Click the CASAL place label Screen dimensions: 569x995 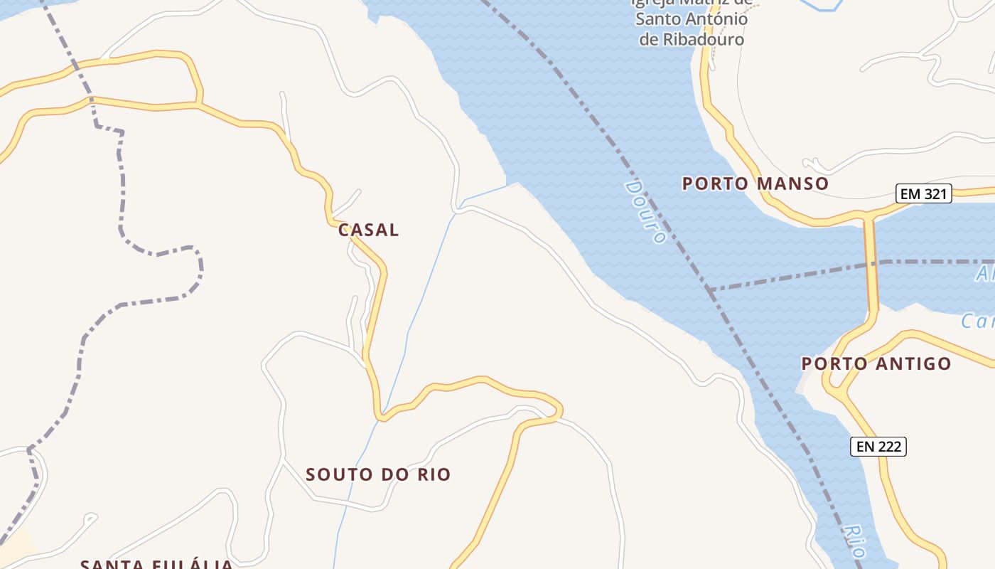click(x=368, y=230)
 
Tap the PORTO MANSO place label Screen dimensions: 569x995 click(x=755, y=184)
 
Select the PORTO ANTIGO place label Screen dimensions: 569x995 click(x=876, y=363)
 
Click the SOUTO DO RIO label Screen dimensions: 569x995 click(x=378, y=474)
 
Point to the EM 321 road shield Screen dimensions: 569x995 click(x=923, y=193)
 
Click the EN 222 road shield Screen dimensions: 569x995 click(x=878, y=447)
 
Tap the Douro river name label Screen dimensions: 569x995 click(x=645, y=211)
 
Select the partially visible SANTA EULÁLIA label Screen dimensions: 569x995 click(x=156, y=564)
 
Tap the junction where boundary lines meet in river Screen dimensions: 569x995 click(x=709, y=289)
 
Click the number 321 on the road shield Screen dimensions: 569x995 click(x=934, y=193)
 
